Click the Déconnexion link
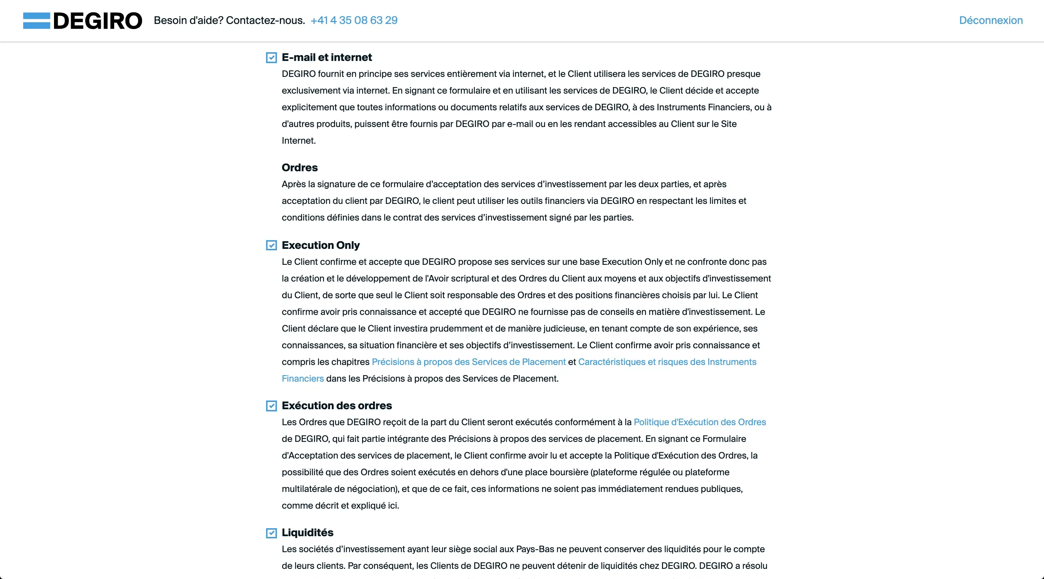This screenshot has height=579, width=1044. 990,20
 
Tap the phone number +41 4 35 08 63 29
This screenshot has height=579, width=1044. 354,20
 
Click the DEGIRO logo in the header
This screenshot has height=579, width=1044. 83,21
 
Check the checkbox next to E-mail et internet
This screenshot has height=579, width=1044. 272,58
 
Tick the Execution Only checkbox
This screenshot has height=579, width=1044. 272,245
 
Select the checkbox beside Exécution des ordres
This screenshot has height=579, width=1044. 272,406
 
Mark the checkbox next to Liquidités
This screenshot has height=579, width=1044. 272,533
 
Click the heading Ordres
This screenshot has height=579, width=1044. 299,168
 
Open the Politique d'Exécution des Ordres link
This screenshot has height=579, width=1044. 700,422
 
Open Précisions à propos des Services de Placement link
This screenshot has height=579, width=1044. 468,362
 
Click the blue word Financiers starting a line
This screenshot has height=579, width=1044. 303,378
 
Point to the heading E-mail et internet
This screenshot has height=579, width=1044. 327,57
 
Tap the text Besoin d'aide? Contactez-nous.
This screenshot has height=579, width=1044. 229,20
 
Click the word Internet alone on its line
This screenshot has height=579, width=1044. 298,140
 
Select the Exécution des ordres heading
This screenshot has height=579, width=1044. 337,406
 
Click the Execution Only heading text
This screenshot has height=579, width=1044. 320,245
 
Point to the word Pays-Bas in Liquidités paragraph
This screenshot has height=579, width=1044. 535,549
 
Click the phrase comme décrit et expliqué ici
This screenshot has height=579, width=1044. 340,505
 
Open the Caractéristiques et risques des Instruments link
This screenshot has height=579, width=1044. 667,362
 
